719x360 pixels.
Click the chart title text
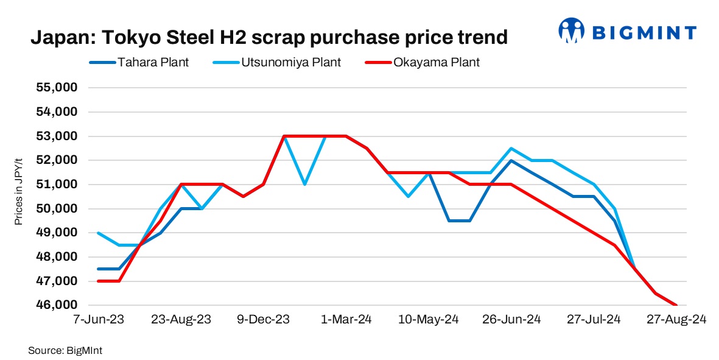coord(268,38)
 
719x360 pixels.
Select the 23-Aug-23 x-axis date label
coord(181,320)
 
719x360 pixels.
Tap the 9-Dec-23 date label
coord(263,320)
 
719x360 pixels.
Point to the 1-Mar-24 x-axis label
coord(346,320)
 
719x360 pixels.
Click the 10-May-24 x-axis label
coord(429,320)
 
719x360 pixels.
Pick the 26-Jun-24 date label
coord(511,320)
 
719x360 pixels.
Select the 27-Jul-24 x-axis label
coord(594,320)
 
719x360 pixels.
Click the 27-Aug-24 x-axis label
coord(676,320)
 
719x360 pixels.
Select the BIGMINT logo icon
coord(572,31)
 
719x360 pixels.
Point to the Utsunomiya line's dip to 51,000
coord(304,184)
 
